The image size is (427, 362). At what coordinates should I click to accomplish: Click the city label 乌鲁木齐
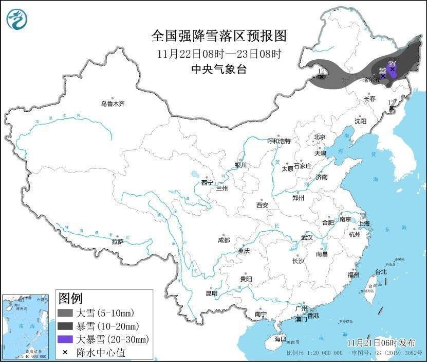pyautogui.click(x=113, y=104)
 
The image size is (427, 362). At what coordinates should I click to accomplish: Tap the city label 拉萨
pyautogui.click(x=118, y=242)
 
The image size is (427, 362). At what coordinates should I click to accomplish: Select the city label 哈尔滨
pyautogui.click(x=370, y=80)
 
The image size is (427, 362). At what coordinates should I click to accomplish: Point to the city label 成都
pyautogui.click(x=224, y=240)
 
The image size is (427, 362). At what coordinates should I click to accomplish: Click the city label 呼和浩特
pyautogui.click(x=279, y=141)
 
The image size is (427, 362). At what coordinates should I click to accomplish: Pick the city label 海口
pyautogui.click(x=280, y=339)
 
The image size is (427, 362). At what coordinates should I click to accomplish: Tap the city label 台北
pyautogui.click(x=380, y=272)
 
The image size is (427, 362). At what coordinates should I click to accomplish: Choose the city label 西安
pyautogui.click(x=262, y=205)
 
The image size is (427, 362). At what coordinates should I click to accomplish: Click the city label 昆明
pyautogui.click(x=211, y=293)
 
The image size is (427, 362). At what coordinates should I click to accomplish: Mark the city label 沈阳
pyautogui.click(x=361, y=122)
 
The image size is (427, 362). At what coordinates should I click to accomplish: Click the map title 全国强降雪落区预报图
pyautogui.click(x=218, y=36)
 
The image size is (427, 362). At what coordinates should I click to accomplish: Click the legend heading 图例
pyautogui.click(x=70, y=298)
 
